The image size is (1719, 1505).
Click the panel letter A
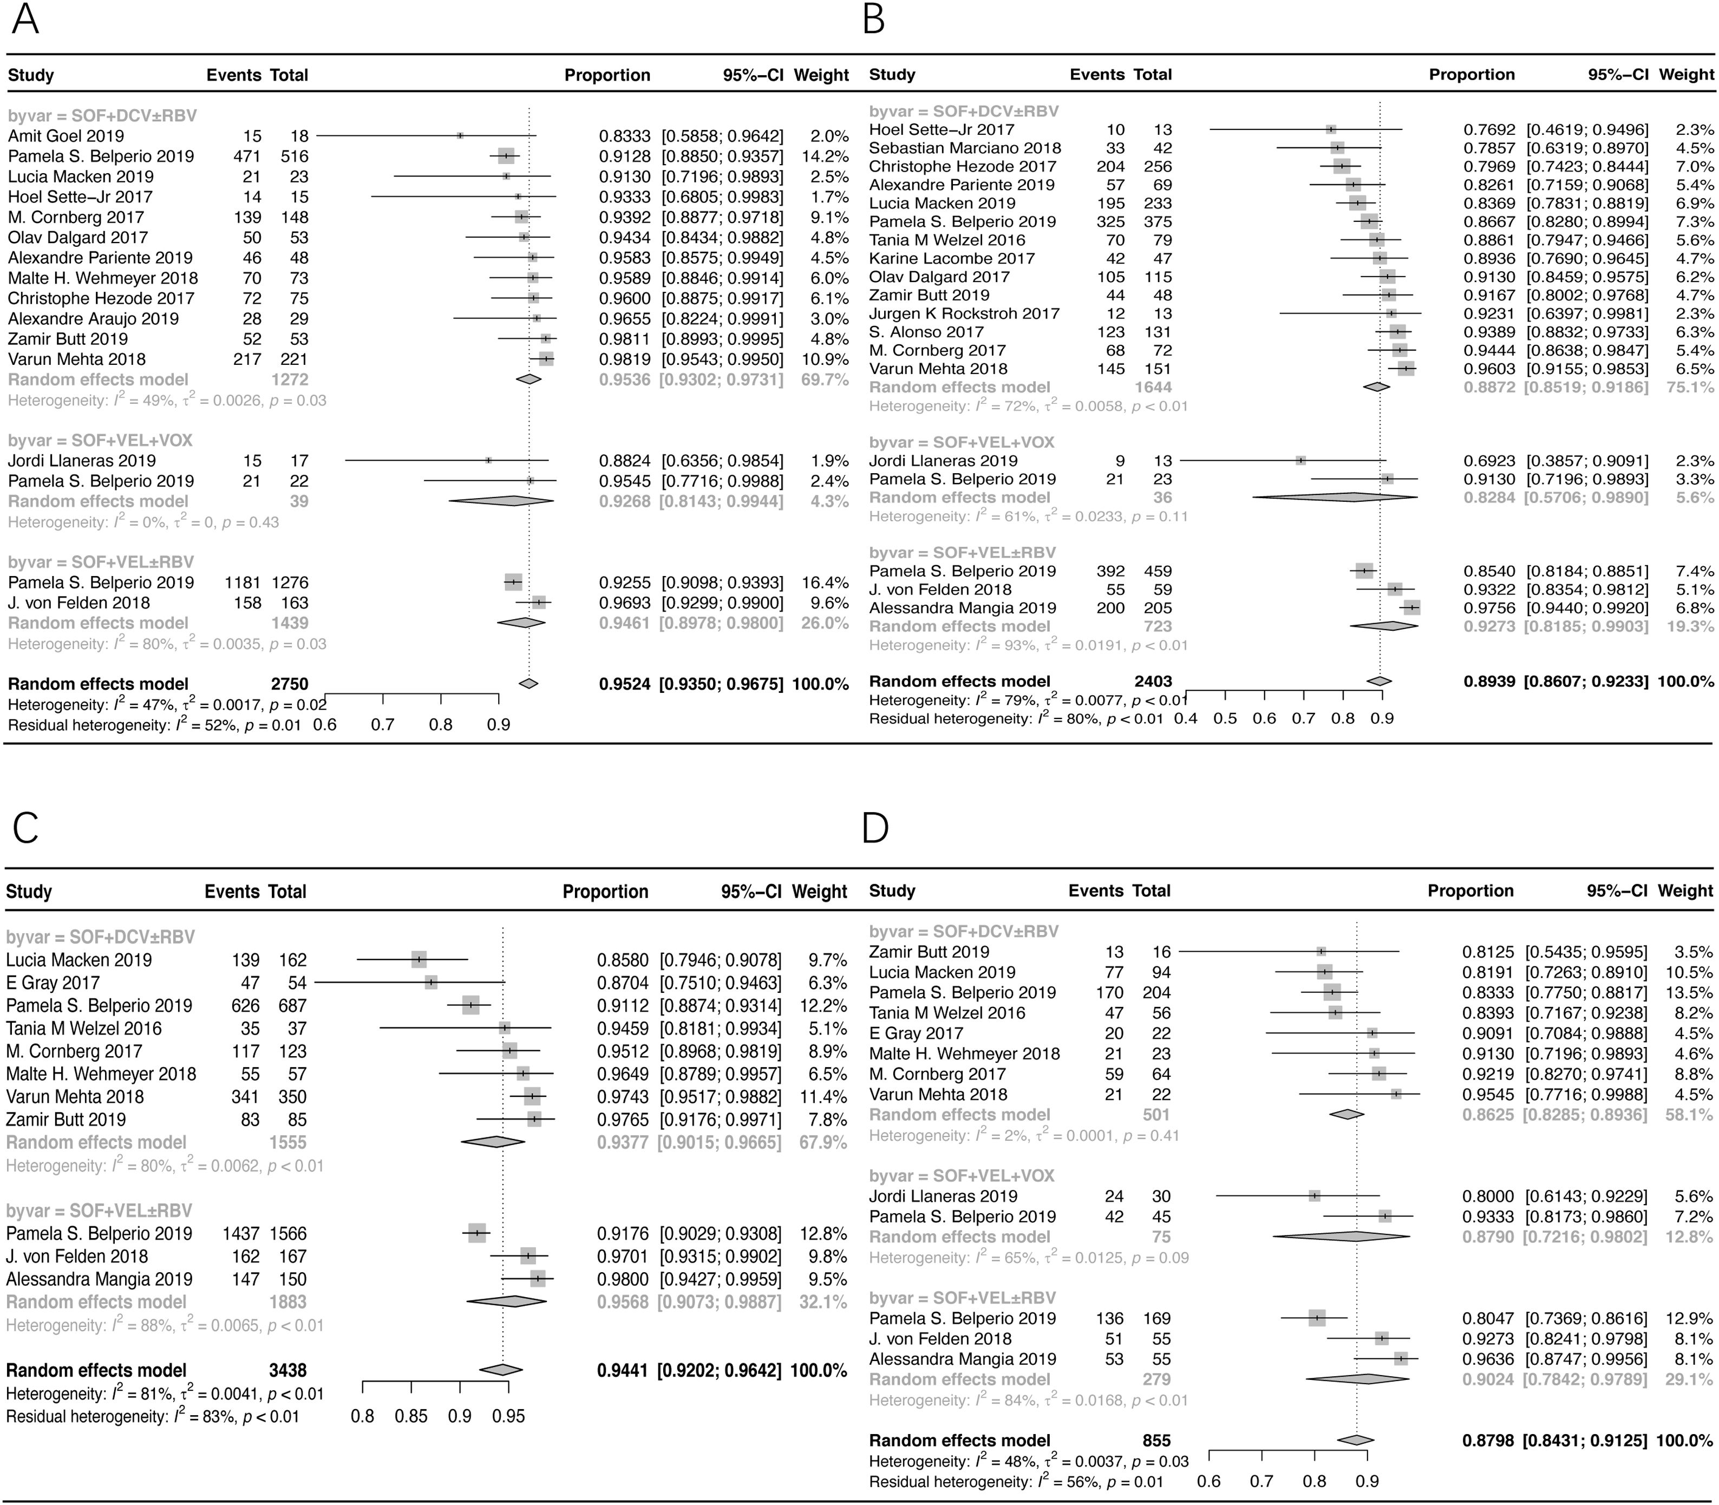coord(25,18)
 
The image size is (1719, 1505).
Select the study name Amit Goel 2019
coord(66,136)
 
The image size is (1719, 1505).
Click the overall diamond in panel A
coord(528,684)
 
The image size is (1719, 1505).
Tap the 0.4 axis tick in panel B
coord(1186,719)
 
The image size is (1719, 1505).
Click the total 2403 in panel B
coord(1152,681)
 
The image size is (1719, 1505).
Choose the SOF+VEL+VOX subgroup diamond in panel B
coord(1335,497)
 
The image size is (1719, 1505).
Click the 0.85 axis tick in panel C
coord(411,1417)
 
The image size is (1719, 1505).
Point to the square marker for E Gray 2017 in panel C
coord(431,983)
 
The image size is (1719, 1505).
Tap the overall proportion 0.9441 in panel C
coord(623,1371)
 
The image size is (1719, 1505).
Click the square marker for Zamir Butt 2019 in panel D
coord(1321,952)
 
